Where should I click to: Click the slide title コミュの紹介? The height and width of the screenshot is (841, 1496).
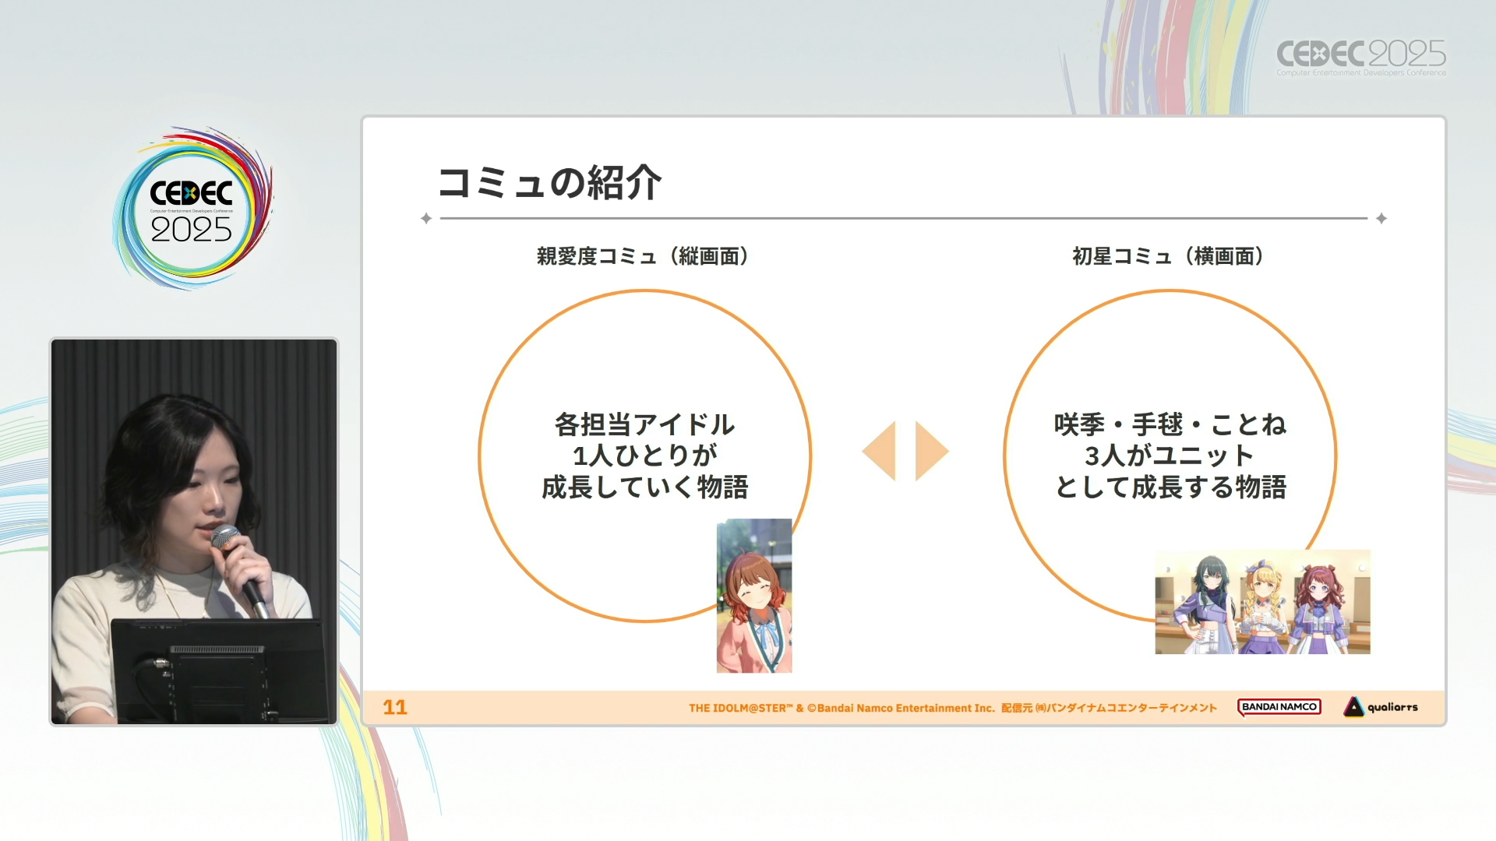[x=549, y=183]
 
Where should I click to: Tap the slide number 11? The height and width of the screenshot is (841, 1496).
[x=395, y=707]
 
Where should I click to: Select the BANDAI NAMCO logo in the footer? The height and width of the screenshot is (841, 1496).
[x=1279, y=707]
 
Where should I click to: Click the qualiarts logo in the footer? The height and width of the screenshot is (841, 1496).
[x=1381, y=707]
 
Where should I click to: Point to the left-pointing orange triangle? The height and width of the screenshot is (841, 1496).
[x=880, y=451]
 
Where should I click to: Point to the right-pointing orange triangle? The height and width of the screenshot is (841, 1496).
[x=931, y=451]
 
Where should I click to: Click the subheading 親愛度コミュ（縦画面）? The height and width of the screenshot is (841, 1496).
[x=643, y=256]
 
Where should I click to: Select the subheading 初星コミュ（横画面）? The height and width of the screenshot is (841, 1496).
[x=1168, y=256]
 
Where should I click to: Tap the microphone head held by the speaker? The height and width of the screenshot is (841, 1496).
[x=226, y=537]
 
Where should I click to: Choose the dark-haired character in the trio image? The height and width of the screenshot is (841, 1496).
[x=1207, y=603]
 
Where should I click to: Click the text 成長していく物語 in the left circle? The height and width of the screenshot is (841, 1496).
[x=645, y=487]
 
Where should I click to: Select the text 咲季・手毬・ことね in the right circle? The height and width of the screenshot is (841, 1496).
[x=1170, y=424]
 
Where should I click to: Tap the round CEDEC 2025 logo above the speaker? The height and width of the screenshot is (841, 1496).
[x=192, y=208]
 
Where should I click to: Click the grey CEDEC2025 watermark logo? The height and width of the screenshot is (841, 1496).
[x=1361, y=57]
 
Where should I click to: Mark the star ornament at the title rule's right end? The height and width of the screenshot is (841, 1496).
[x=1381, y=219]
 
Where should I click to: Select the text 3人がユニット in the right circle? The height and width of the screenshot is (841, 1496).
[x=1170, y=456]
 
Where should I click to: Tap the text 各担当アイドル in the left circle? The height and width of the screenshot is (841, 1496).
[x=645, y=424]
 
